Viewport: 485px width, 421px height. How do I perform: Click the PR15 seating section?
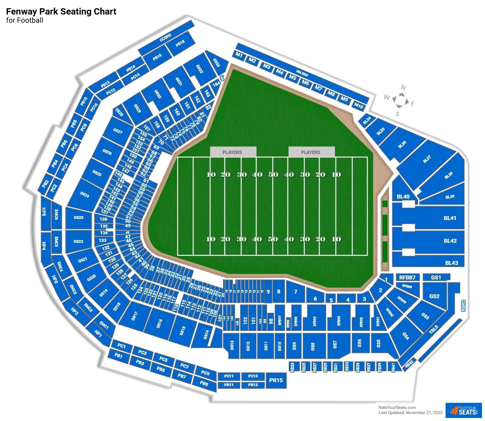(x=276, y=380)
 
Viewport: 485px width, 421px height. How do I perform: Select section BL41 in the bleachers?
(x=450, y=218)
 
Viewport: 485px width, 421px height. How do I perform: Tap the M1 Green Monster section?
(x=239, y=55)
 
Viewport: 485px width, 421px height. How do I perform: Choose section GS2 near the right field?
(x=434, y=296)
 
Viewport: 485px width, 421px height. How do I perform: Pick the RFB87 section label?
(x=407, y=277)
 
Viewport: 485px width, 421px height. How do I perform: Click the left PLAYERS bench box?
(x=232, y=152)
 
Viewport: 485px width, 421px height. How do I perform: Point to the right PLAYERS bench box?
(x=311, y=152)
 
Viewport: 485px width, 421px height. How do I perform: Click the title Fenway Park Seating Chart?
(x=61, y=12)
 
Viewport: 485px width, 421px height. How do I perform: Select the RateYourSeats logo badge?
(x=463, y=411)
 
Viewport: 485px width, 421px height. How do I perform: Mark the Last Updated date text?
(x=410, y=413)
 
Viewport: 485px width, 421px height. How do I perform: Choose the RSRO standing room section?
(x=463, y=306)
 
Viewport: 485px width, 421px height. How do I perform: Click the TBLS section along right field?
(x=434, y=329)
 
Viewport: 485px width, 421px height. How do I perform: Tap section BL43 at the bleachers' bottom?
(x=451, y=263)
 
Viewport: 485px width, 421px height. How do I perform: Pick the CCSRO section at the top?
(x=166, y=38)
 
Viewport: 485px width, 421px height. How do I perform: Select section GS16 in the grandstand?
(x=159, y=323)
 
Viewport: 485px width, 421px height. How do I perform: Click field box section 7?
(x=296, y=292)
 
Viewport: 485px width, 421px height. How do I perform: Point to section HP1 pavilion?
(x=98, y=333)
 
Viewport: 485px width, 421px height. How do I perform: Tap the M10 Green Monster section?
(x=359, y=106)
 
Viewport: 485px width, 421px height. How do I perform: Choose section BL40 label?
(x=403, y=196)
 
